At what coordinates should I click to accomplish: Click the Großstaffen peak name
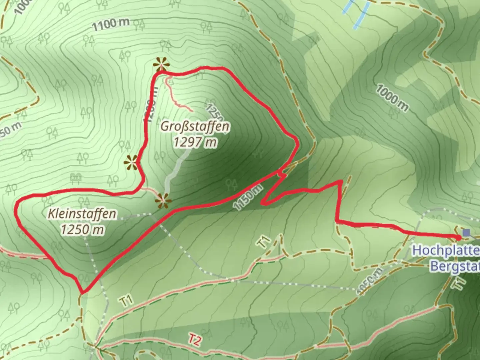(195, 127)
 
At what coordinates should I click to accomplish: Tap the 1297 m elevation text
(195, 142)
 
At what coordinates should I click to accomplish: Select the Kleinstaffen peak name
(82, 214)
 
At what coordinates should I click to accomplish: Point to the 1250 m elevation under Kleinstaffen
(82, 229)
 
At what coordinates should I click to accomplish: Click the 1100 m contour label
(111, 24)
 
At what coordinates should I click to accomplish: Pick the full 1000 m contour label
(392, 97)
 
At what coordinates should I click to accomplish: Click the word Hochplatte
(446, 251)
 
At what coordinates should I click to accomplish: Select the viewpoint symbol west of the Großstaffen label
(131, 163)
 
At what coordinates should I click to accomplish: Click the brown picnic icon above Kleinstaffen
(76, 178)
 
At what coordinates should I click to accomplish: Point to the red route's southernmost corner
(82, 293)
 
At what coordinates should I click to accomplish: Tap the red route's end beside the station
(459, 237)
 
